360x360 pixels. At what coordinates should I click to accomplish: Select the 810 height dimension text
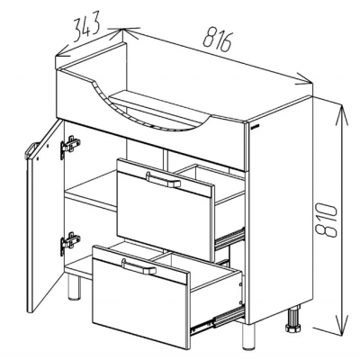coord(327,220)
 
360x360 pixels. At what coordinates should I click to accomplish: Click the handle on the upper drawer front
coord(163,179)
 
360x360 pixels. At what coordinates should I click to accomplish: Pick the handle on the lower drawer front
coord(139,265)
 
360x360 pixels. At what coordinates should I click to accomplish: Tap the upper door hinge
coord(70,147)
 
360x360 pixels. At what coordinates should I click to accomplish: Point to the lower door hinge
coord(70,242)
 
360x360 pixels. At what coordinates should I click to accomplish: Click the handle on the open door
coord(31,151)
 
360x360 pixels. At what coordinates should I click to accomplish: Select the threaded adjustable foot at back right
coord(293,319)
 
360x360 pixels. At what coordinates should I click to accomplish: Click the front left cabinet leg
coord(73,287)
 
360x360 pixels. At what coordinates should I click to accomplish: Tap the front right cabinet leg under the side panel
coord(248,336)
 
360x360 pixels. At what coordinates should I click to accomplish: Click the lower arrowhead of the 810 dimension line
coord(343,326)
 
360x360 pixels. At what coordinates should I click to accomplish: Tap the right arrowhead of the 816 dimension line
coord(303,80)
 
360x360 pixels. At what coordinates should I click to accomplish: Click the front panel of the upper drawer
coord(166,211)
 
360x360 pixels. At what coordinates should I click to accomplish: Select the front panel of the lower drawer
coord(140,295)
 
